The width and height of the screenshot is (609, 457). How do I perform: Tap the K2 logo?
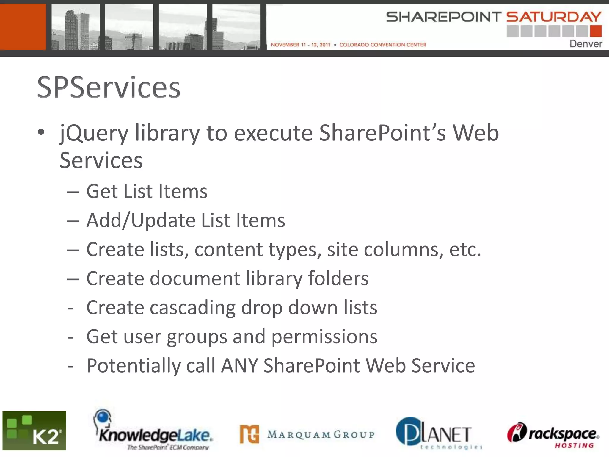(x=34, y=431)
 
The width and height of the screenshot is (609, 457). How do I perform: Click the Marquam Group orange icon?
(x=249, y=434)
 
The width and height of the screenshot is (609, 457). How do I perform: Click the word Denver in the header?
(x=586, y=44)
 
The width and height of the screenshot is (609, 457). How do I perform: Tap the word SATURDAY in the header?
(x=554, y=17)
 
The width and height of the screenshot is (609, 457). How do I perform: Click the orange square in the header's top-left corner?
(x=23, y=27)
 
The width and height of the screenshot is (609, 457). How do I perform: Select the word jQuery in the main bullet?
(x=94, y=133)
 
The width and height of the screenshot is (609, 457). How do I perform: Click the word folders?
(x=338, y=278)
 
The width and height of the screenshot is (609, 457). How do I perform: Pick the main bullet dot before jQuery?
(x=41, y=132)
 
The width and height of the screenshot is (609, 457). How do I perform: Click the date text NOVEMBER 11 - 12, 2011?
(x=300, y=45)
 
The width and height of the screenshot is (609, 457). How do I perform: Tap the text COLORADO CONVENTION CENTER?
(x=383, y=45)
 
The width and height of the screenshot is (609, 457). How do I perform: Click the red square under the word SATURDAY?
(x=596, y=31)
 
